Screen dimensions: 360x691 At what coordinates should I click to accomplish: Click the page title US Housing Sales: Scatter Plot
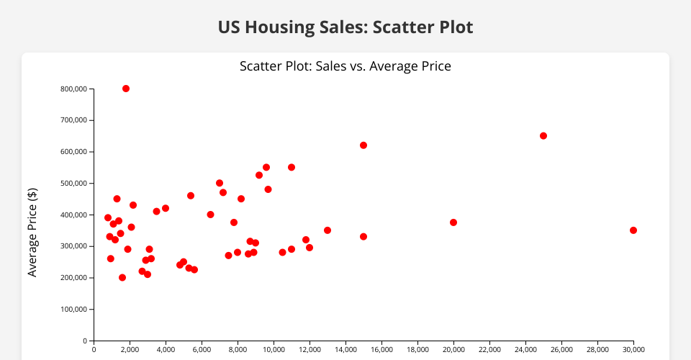tap(345, 27)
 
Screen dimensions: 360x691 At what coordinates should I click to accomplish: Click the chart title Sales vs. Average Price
tap(345, 66)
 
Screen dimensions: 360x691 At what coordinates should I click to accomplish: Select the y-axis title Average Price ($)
tap(32, 232)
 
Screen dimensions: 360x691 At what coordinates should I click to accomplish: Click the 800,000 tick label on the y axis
tap(73, 89)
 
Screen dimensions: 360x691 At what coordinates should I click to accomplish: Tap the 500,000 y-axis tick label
tap(73, 184)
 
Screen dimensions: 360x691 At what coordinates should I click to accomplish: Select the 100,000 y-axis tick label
tap(73, 310)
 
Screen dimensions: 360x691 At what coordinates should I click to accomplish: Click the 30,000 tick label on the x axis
tap(633, 350)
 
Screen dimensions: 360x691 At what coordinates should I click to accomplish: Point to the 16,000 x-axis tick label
tap(381, 350)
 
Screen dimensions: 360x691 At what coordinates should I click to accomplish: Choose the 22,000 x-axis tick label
tap(489, 350)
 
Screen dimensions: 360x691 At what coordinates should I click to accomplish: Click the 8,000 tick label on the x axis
tap(238, 350)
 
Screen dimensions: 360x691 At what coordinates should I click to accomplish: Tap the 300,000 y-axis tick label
tap(73, 246)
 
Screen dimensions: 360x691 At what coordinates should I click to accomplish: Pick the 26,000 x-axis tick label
tap(561, 350)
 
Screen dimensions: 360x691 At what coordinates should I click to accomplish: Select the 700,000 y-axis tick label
tap(73, 120)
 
